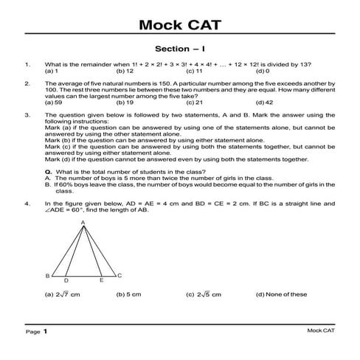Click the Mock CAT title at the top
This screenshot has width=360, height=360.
[180, 27]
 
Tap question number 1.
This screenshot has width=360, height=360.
[27, 65]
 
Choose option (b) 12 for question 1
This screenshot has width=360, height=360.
[125, 72]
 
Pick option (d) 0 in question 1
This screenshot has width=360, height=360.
[263, 72]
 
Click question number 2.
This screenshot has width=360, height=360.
[27, 84]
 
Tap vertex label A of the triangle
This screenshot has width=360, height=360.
[83, 221]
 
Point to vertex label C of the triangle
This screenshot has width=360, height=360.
[120, 275]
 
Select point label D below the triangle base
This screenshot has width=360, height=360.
[66, 281]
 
